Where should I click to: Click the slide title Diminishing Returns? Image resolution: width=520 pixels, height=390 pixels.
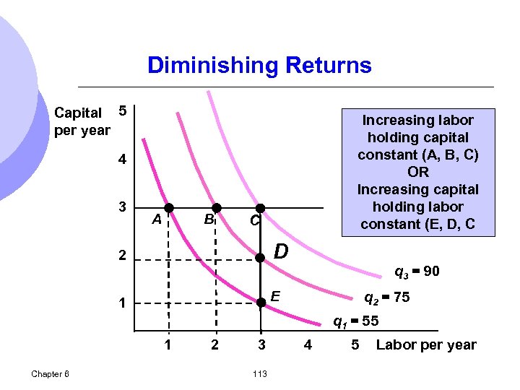(x=259, y=66)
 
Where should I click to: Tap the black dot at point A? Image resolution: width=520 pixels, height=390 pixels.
(x=168, y=207)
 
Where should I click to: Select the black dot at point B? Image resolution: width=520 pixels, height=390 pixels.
(x=215, y=207)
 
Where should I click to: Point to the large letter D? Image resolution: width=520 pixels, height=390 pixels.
(x=282, y=252)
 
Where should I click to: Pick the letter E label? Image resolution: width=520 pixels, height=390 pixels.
(x=275, y=295)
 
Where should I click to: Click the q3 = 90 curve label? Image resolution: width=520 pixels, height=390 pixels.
(x=417, y=272)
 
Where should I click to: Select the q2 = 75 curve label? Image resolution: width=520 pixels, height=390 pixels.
(x=386, y=297)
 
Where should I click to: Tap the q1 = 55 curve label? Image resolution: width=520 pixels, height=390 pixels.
(x=356, y=321)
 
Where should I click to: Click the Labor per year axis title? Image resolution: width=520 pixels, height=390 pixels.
(x=426, y=344)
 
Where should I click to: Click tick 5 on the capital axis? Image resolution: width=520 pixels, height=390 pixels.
(x=123, y=111)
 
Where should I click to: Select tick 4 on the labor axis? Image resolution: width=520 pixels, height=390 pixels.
(x=308, y=344)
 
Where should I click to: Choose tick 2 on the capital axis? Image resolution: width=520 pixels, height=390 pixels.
(x=123, y=256)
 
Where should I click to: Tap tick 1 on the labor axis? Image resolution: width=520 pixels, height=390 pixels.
(x=168, y=344)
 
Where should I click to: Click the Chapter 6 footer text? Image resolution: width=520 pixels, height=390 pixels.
(x=51, y=373)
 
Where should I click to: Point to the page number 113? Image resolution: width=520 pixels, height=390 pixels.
(x=261, y=373)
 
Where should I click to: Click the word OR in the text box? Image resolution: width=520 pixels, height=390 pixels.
(x=417, y=172)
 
